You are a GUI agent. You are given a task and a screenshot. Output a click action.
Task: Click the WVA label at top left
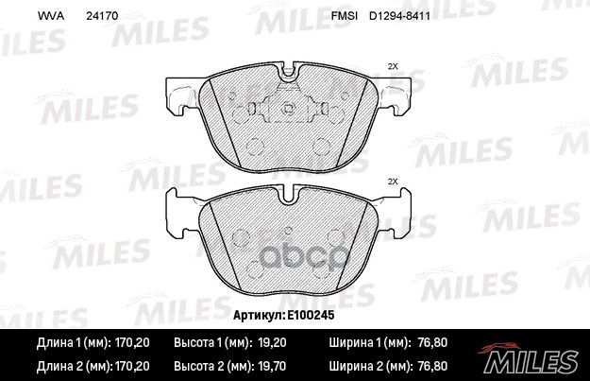[49, 16]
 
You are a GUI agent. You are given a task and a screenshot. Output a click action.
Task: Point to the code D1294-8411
[406, 16]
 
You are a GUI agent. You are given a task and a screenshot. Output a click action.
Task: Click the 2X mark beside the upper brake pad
[393, 66]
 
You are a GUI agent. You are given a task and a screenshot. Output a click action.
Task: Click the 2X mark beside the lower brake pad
[393, 181]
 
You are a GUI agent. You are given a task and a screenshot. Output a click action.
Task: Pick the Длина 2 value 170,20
[132, 365]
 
